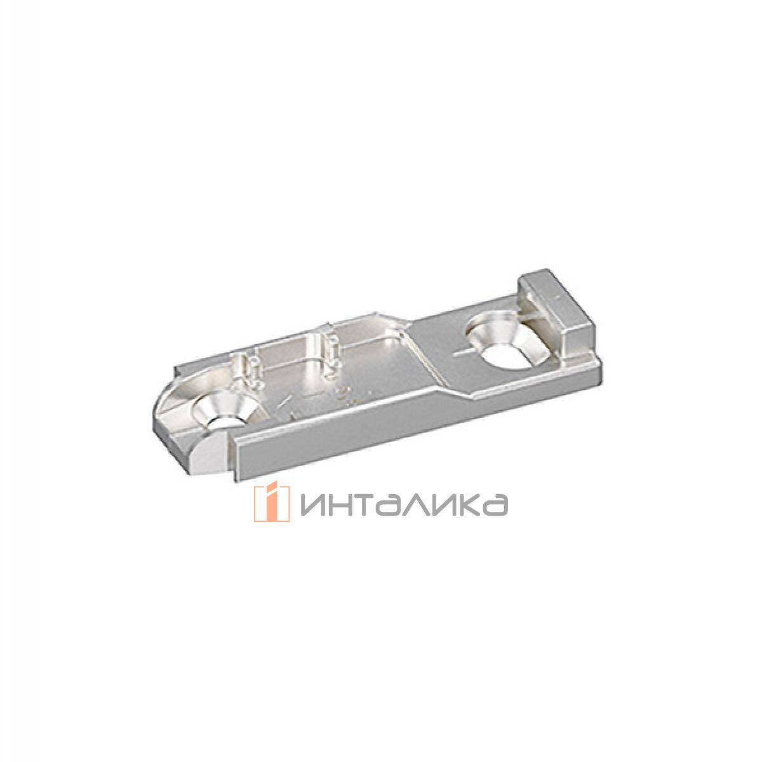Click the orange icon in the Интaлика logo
(267, 504)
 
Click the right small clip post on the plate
(329, 347)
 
